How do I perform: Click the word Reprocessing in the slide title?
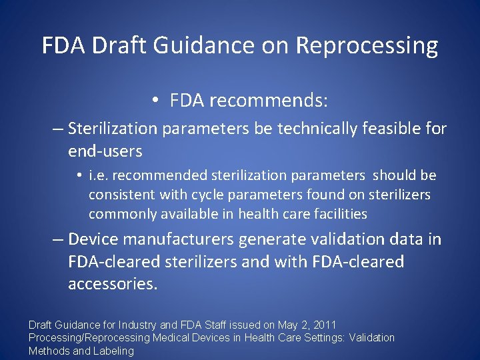(367, 46)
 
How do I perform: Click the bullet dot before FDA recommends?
(154, 101)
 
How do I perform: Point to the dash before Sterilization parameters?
(58, 128)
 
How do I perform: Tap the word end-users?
(105, 151)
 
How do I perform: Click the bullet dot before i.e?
(79, 175)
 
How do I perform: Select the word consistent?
(122, 195)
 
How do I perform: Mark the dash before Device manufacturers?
(58, 239)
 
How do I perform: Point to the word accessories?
(112, 284)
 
